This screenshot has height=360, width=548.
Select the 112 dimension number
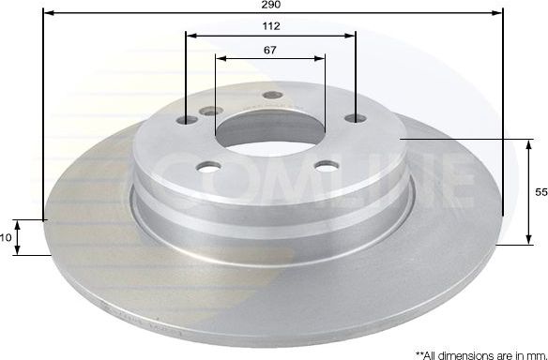click(272, 26)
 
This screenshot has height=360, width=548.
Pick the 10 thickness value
click(7, 238)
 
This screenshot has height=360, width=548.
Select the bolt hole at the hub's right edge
click(355, 119)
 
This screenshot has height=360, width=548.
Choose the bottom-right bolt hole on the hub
click(327, 166)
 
